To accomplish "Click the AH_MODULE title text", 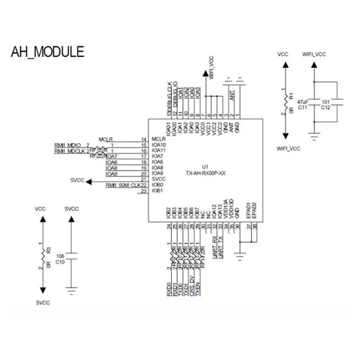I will coord(47,51).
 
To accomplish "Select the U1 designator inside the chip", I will coord(205,166).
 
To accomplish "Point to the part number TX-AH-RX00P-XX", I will coord(205,173).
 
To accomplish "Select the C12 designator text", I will coord(326,108).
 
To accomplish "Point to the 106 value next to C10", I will coord(59,256).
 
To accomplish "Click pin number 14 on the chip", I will coord(144,139).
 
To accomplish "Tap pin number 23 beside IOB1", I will coord(144,191).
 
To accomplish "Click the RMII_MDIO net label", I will coord(68,145).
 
